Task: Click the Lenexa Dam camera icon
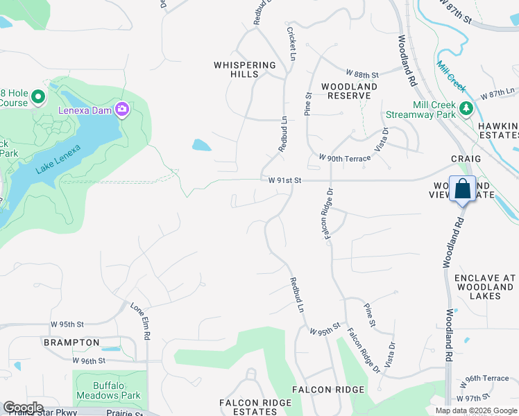click(x=122, y=109)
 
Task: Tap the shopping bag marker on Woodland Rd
click(x=463, y=189)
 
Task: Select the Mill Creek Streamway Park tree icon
click(x=467, y=108)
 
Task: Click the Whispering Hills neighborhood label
click(x=245, y=69)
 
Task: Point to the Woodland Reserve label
click(x=349, y=91)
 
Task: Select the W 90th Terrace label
click(x=345, y=159)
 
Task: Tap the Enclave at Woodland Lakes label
click(x=485, y=287)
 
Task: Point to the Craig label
click(x=466, y=159)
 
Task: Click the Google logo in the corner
click(x=23, y=408)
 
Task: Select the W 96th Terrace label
click(x=486, y=379)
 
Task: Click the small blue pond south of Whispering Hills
click(x=201, y=145)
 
